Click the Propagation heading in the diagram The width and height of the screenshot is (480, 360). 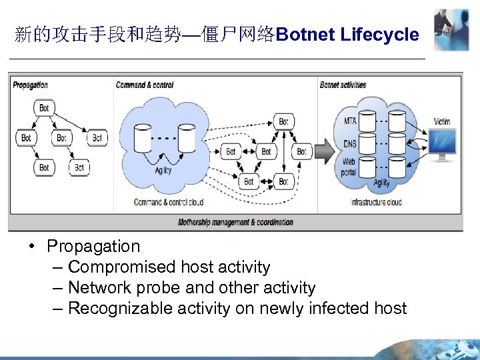coord(31,85)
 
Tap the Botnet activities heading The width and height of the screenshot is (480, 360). coord(343,85)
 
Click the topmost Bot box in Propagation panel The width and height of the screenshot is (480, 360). coord(43,108)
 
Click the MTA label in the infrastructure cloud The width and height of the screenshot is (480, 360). coord(350,121)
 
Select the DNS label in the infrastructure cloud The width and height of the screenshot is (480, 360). coord(350,143)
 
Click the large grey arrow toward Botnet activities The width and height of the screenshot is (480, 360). coord(323,151)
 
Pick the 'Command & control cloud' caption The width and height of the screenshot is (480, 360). coord(168,202)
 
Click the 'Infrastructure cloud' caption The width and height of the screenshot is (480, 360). coord(376,202)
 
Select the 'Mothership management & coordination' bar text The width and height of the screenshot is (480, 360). coord(235,222)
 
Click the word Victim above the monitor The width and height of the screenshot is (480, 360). coord(441,122)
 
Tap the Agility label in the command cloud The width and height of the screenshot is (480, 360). coord(163,171)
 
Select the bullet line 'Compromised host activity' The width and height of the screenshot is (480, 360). coord(169,267)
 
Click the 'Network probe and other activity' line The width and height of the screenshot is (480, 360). coord(191,287)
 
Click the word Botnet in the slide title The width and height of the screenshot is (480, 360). coord(305,35)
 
